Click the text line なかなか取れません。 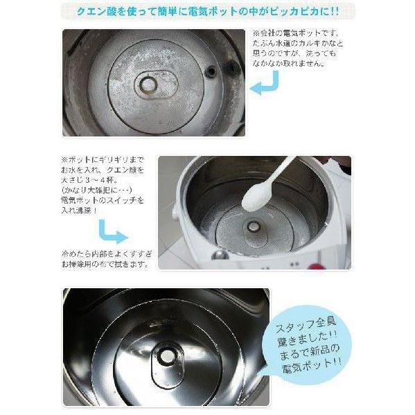tap(289, 63)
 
